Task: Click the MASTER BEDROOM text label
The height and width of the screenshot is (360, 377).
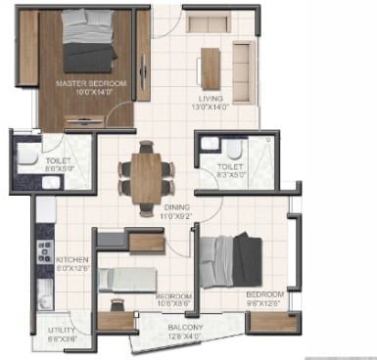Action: pyautogui.click(x=91, y=84)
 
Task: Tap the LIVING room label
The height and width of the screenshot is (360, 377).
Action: pyautogui.click(x=210, y=98)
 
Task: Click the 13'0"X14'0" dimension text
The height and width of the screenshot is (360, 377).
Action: pyautogui.click(x=210, y=108)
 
